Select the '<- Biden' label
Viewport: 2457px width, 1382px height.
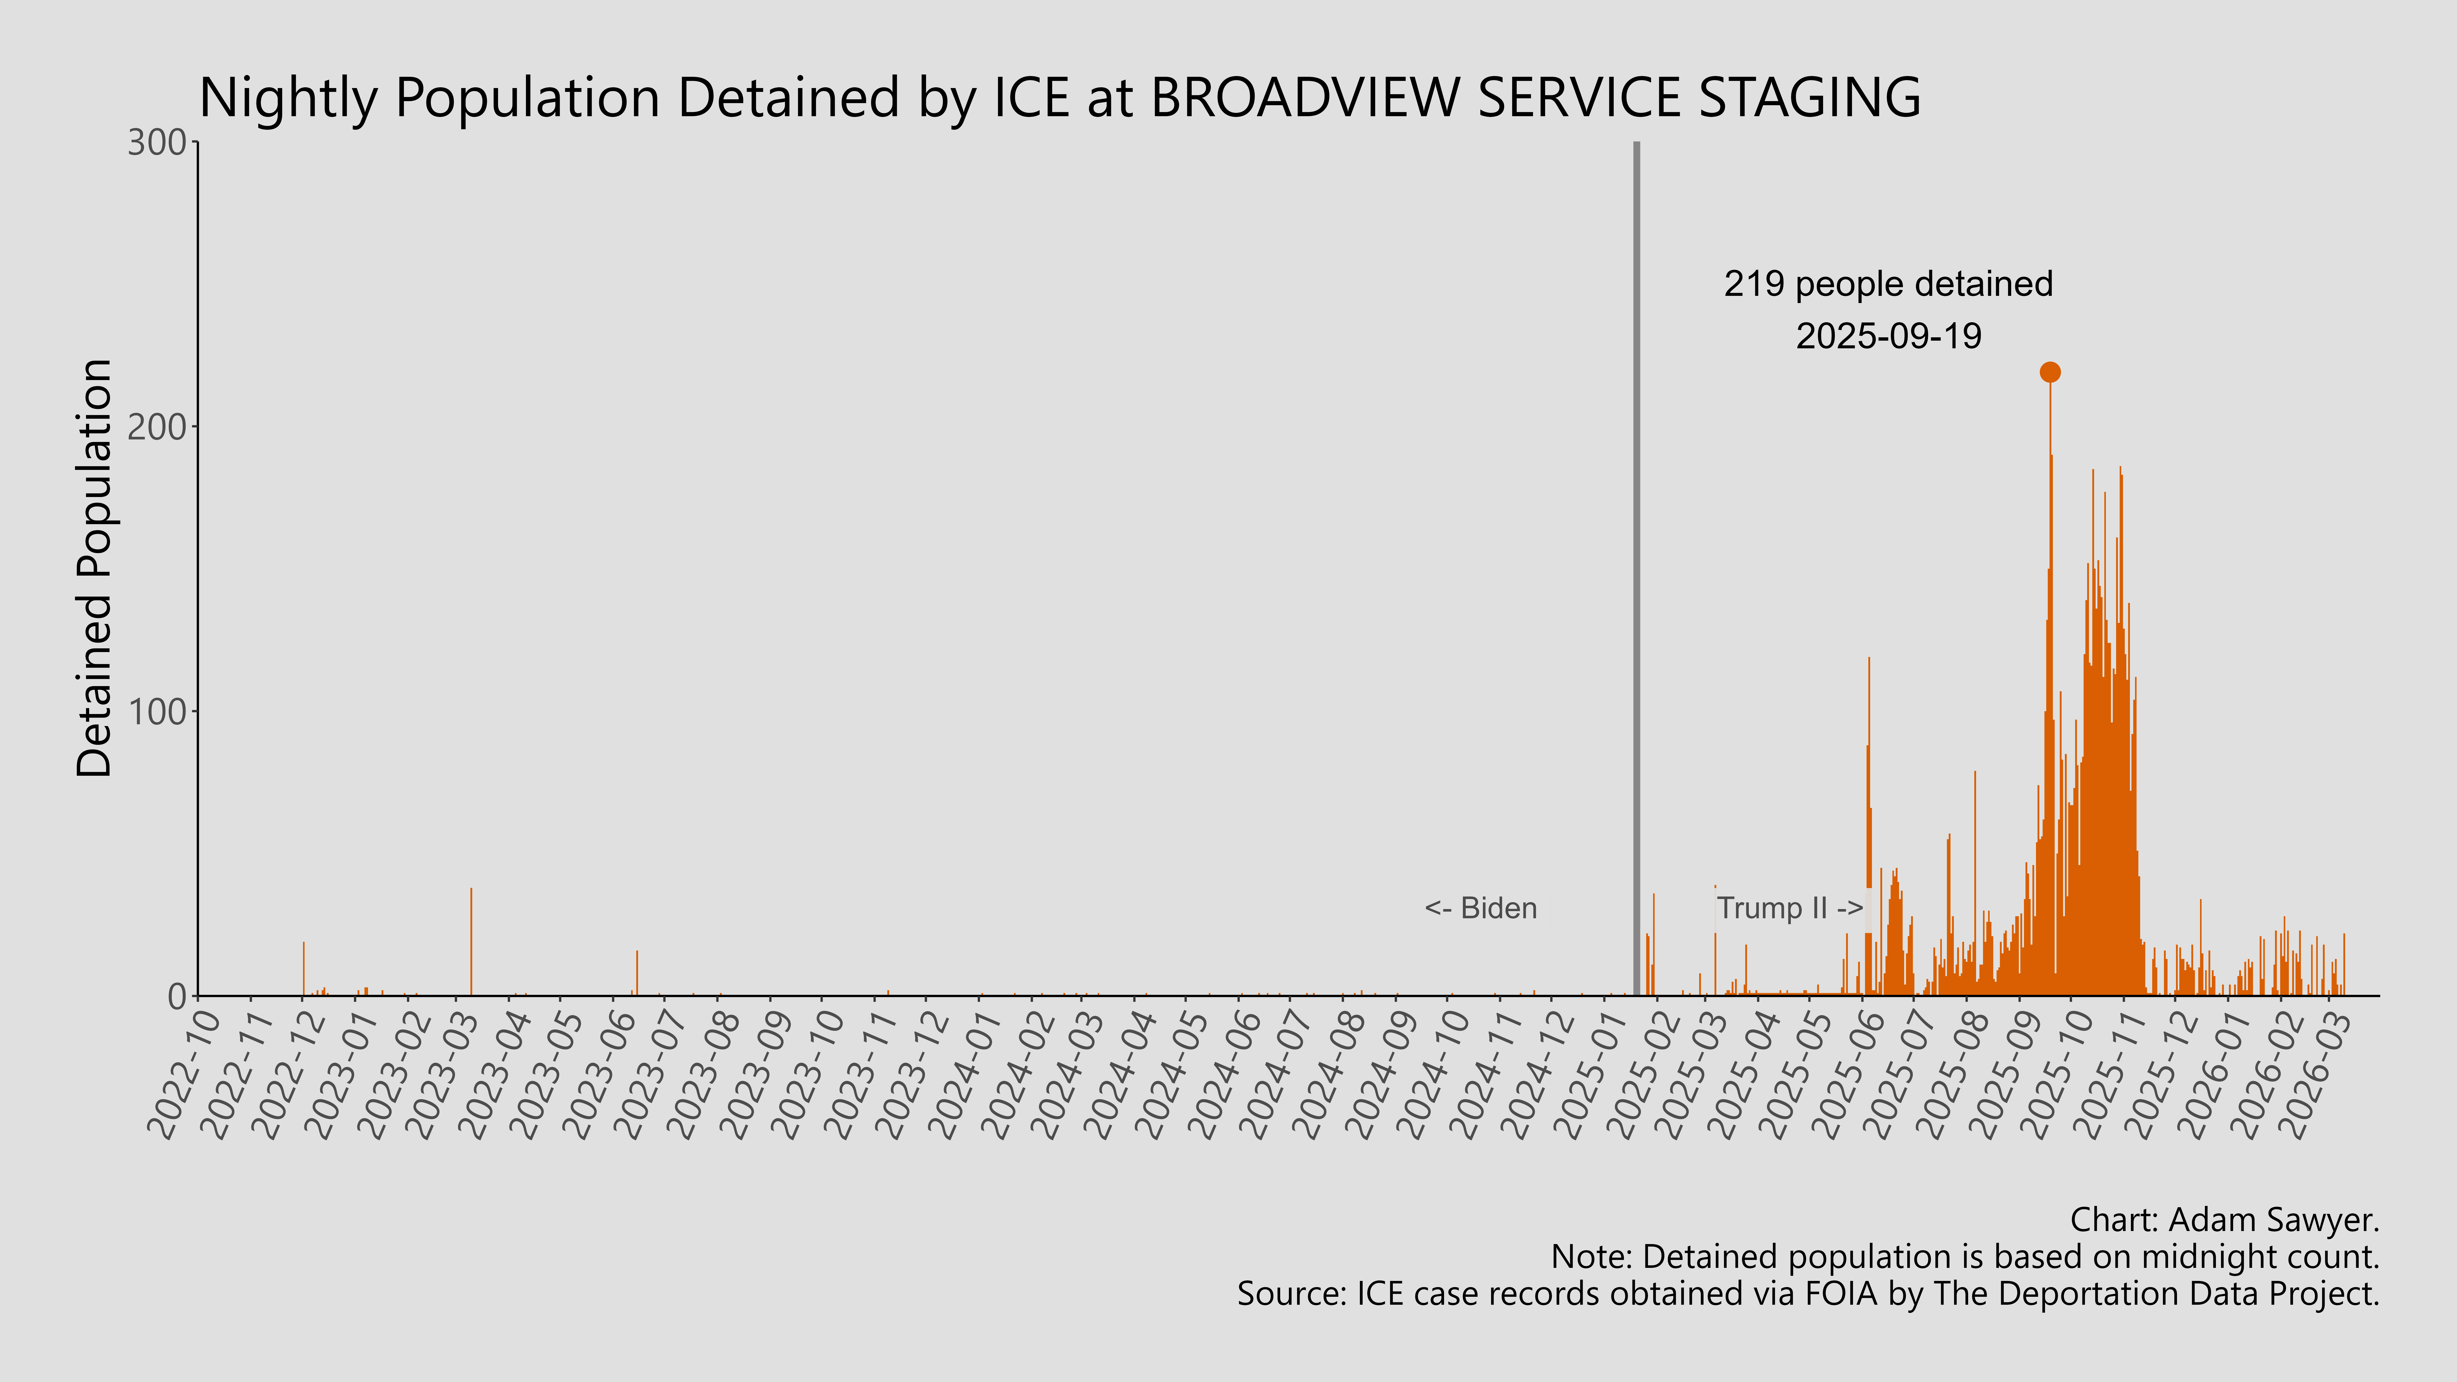[x=1480, y=908]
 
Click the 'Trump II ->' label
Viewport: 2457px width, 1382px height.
[x=1789, y=908]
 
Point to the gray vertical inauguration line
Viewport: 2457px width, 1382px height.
[x=1637, y=572]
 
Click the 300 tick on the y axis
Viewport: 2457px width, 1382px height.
[x=157, y=143]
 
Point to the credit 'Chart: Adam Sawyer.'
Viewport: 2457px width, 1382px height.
[x=2224, y=1220]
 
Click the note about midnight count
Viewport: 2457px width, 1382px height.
[x=1965, y=1257]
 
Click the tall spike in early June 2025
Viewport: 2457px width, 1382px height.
[x=1869, y=820]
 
